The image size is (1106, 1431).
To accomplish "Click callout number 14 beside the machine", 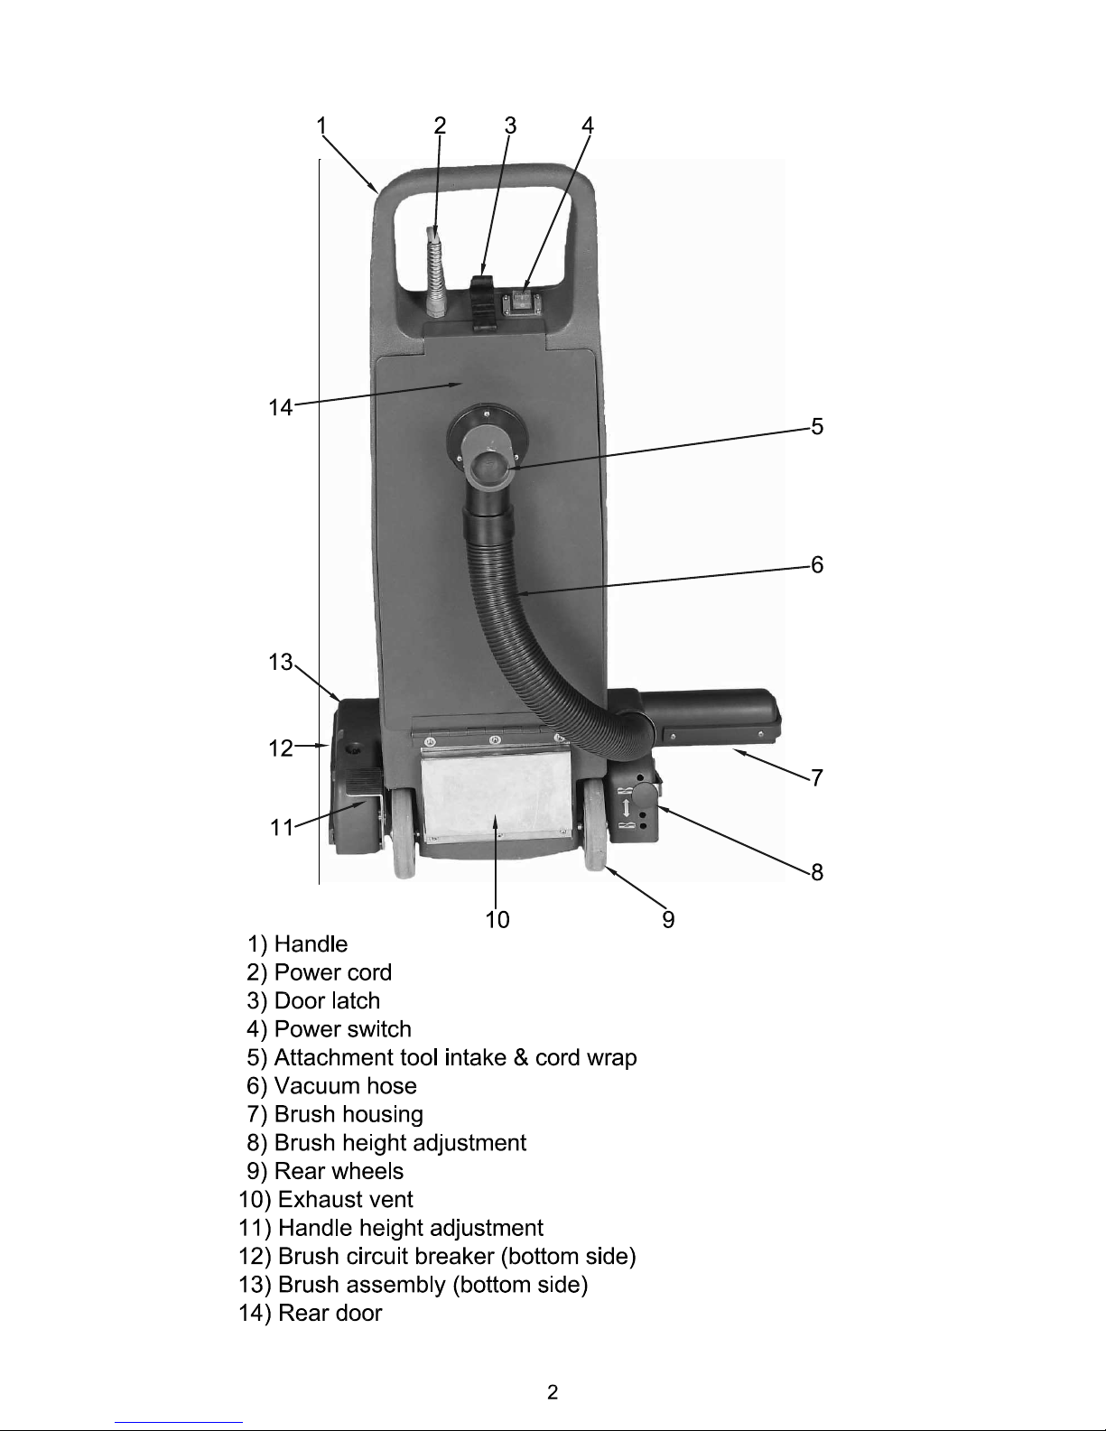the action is click(281, 408).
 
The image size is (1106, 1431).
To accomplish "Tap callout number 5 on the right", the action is click(817, 427).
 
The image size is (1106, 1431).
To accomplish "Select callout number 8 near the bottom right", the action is click(817, 872).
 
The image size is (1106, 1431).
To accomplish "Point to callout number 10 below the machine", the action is click(497, 919).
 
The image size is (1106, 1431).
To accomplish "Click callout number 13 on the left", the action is click(281, 662).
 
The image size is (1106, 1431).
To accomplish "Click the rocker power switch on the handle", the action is click(525, 301).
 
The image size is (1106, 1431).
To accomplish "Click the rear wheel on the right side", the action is click(594, 826).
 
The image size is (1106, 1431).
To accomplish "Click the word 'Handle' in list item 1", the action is click(311, 943).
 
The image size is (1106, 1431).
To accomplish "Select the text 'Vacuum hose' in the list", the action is click(346, 1085).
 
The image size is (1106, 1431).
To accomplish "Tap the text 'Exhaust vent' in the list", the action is click(346, 1199).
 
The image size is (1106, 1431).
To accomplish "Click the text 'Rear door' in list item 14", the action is click(330, 1313).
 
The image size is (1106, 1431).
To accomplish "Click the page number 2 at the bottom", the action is click(553, 1392).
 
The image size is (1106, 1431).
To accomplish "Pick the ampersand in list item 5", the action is click(521, 1057).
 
